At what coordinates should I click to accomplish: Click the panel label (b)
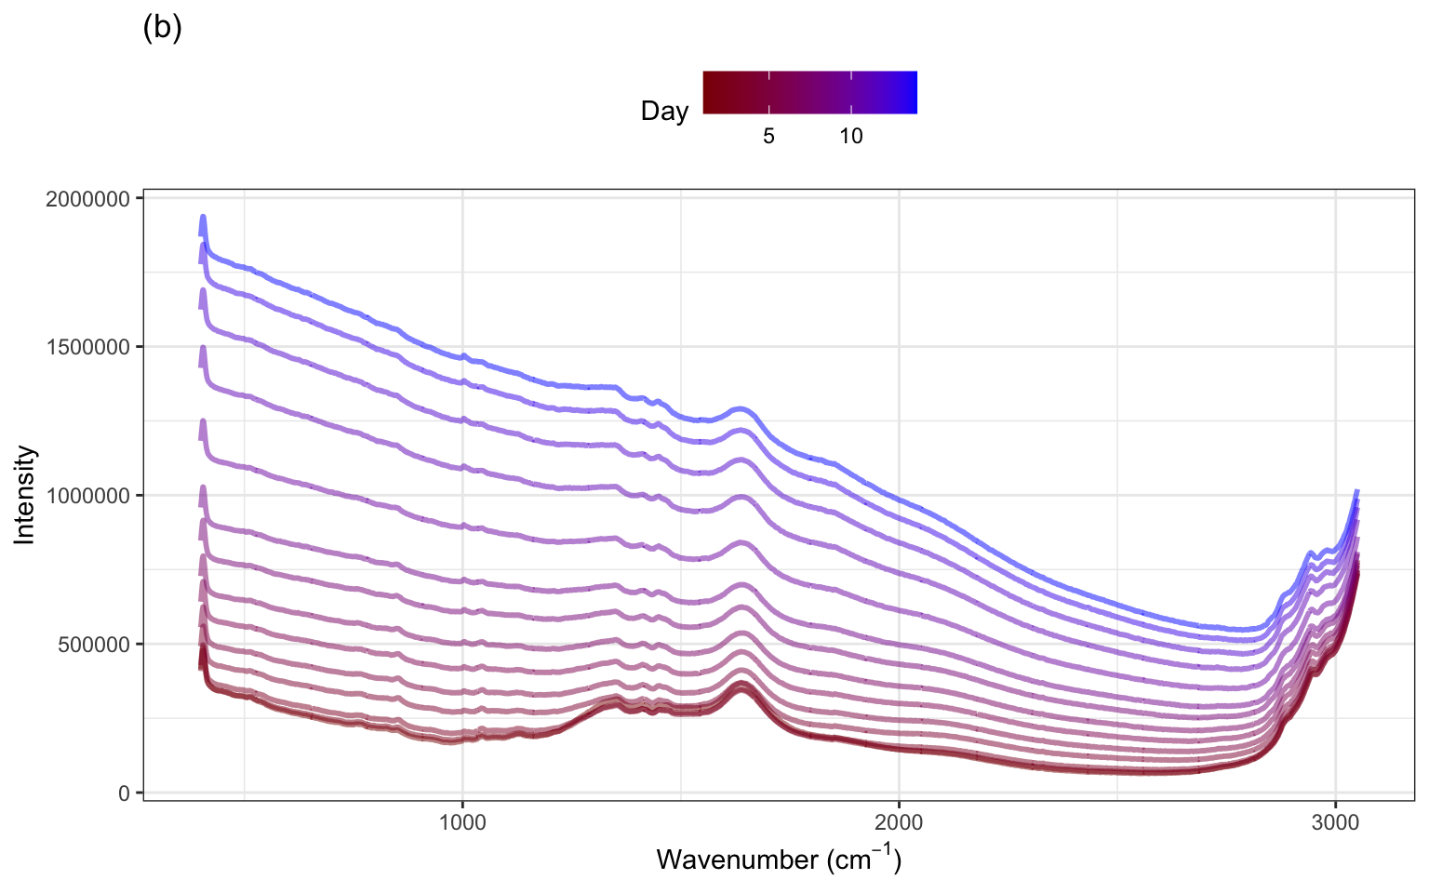(162, 29)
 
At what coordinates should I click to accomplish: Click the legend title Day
(664, 112)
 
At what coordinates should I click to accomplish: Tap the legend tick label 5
(768, 137)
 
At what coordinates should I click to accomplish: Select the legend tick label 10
(851, 137)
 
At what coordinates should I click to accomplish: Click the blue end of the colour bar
(913, 92)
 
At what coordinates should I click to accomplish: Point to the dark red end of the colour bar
(708, 92)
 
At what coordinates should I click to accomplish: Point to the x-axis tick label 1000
(462, 821)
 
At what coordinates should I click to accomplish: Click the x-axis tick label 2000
(899, 821)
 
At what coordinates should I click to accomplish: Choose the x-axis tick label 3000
(1335, 821)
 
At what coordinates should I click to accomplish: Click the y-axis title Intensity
(25, 495)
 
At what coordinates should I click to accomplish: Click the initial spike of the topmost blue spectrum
(203, 218)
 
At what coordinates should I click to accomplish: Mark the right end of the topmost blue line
(1356, 490)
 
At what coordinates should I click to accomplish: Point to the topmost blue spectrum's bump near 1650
(741, 409)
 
